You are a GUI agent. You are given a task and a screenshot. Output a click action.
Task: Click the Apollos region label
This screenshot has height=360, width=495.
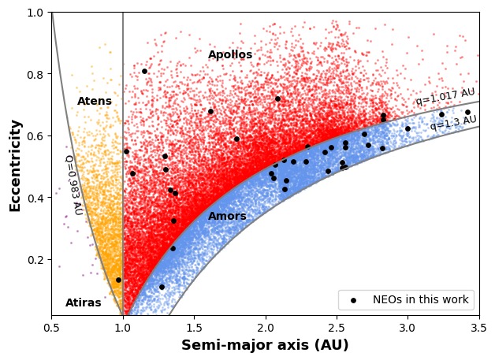(230, 55)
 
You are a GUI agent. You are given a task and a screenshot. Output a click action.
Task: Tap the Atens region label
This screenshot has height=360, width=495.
(95, 102)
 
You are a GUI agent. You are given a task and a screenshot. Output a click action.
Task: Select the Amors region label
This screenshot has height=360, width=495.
(227, 216)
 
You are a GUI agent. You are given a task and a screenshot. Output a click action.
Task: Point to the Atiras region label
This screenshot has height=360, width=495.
(83, 302)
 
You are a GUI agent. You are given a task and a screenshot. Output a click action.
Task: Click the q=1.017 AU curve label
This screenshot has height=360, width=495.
(445, 97)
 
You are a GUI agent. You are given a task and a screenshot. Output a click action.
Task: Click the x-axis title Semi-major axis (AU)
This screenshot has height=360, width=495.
(265, 345)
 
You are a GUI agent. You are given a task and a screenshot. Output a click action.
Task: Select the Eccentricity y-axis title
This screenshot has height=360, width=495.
(15, 165)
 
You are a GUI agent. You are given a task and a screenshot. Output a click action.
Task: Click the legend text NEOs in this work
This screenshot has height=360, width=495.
(422, 299)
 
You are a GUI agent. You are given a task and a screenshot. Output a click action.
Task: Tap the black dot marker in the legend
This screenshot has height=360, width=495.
(354, 299)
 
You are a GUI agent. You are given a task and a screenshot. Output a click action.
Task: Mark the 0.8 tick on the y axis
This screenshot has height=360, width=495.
(35, 74)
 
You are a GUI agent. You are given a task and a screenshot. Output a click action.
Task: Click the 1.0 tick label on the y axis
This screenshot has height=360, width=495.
(35, 13)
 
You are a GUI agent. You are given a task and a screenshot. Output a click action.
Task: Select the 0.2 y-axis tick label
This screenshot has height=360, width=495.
(35, 260)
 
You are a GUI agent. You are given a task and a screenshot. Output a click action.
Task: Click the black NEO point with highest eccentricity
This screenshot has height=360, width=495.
(144, 71)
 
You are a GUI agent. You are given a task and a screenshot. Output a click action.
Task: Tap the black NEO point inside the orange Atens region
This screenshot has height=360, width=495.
(118, 280)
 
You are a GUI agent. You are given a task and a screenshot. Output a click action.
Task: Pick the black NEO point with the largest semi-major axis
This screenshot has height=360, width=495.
(467, 112)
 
